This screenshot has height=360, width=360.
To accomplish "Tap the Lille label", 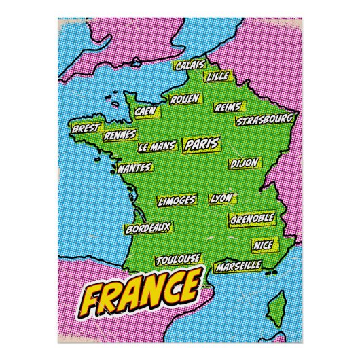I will click(x=218, y=76).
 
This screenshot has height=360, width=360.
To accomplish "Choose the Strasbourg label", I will click(x=265, y=120).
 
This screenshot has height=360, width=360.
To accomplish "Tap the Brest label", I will click(x=86, y=127).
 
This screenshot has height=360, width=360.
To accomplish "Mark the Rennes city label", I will click(x=120, y=134).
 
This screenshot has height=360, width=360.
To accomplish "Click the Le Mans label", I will click(x=157, y=146).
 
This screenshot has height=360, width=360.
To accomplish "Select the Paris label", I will click(x=202, y=144).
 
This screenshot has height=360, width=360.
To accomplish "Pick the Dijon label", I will click(x=244, y=164).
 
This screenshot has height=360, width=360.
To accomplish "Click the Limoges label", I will click(x=177, y=200).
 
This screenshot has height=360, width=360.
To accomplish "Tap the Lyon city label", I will click(x=221, y=198).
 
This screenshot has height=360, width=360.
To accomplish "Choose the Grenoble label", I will click(x=252, y=219).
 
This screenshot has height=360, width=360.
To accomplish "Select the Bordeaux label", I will click(x=147, y=229).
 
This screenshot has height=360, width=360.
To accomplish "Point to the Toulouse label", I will click(x=178, y=259).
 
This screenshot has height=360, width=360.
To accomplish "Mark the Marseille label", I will click(x=238, y=266).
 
